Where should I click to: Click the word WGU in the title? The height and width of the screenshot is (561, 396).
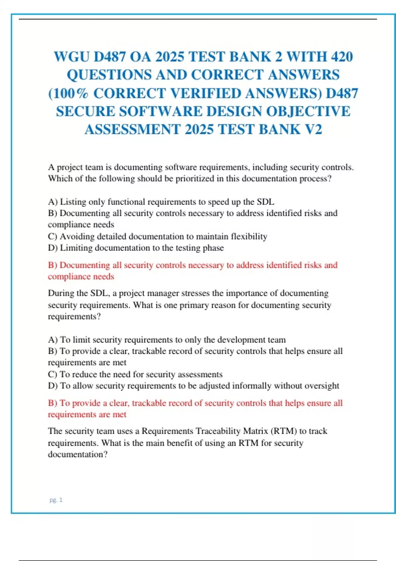pyautogui.click(x=71, y=57)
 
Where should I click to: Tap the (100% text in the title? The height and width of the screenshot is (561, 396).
pyautogui.click(x=68, y=93)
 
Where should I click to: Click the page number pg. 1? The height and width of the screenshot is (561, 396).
pyautogui.click(x=56, y=500)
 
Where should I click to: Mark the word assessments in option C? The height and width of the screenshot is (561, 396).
pyautogui.click(x=200, y=374)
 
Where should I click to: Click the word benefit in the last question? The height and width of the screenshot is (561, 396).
pyautogui.click(x=180, y=443)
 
